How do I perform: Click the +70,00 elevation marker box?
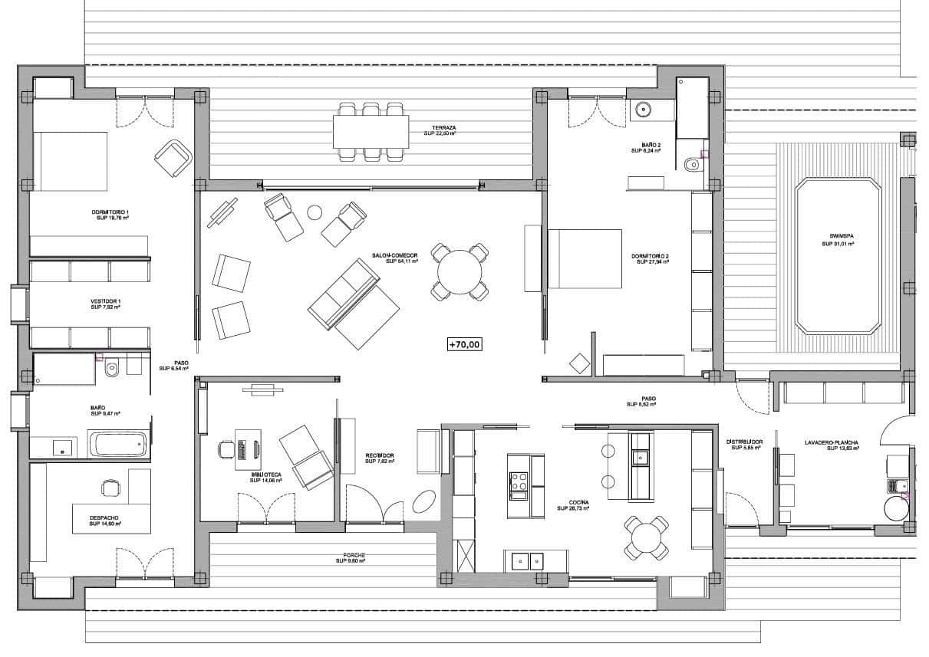tap(465, 345)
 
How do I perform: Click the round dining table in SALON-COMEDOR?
tap(460, 271)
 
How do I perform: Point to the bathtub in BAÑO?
tap(117, 444)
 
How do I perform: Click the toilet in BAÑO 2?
tap(690, 163)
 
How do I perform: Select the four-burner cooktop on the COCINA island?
tap(519, 481)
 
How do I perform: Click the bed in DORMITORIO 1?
tap(69, 161)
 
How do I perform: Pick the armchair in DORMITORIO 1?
tap(173, 157)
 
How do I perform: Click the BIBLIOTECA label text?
tap(265, 475)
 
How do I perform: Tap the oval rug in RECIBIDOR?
tap(423, 502)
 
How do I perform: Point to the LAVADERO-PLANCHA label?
tap(831, 442)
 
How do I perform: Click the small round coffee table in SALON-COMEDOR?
tap(315, 212)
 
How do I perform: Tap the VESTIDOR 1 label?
tap(106, 302)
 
